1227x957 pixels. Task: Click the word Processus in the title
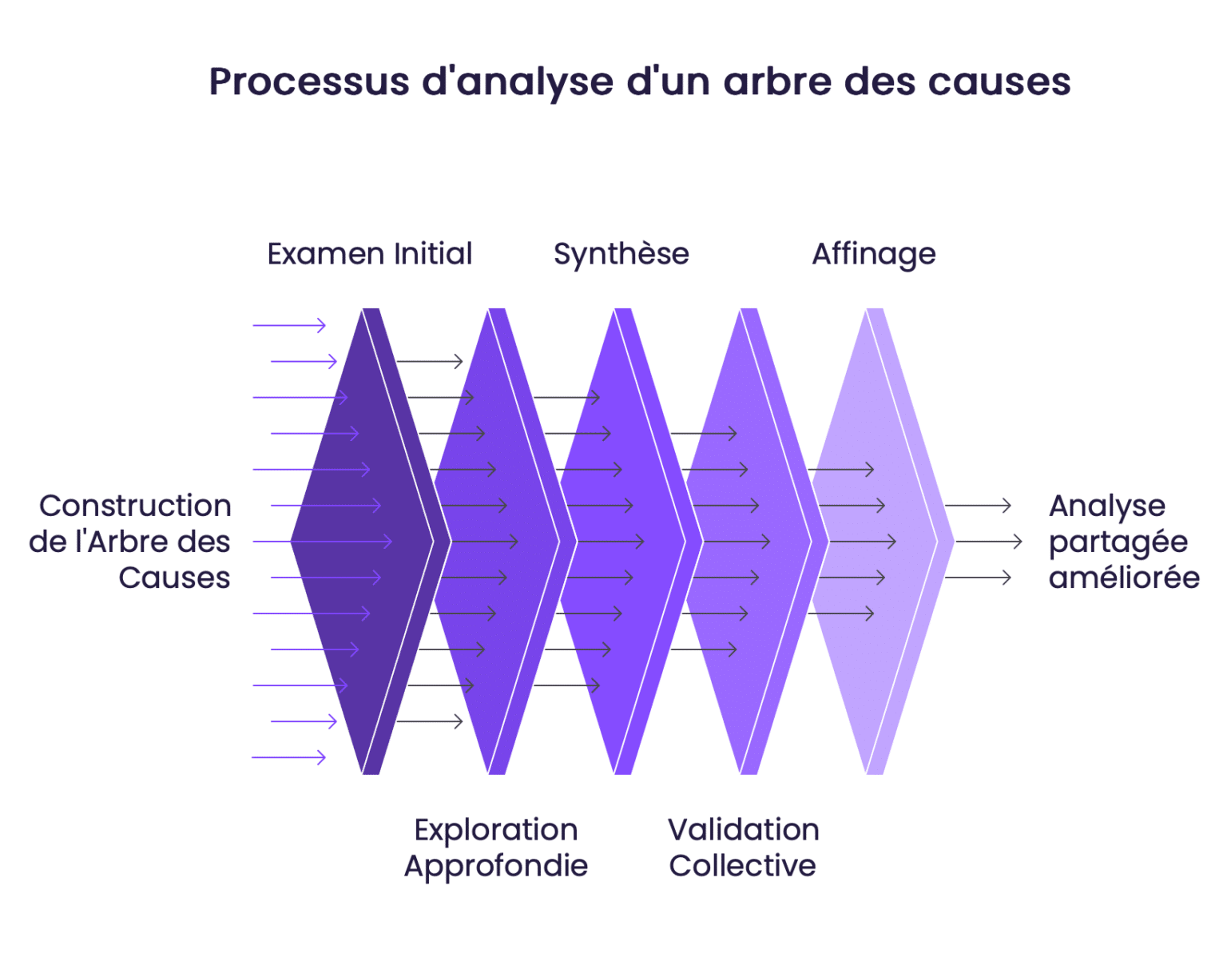[309, 82]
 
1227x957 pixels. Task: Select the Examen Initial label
[369, 254]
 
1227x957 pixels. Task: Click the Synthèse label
[621, 254]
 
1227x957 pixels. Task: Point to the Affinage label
[873, 255]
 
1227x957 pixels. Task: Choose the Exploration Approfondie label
[495, 848]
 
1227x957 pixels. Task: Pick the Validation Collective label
[743, 848]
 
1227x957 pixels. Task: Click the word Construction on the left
[135, 506]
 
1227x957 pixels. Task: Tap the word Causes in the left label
[174, 578]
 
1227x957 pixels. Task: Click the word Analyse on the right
[1106, 506]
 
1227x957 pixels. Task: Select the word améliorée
[1123, 578]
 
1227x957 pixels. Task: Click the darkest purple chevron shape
[359, 542]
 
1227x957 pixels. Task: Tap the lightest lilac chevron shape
[875, 542]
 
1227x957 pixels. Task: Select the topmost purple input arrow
[289, 325]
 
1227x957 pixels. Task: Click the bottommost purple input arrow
[289, 757]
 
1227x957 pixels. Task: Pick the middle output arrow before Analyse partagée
[989, 542]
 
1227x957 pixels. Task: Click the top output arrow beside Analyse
[978, 506]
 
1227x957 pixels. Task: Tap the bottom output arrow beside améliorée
[978, 578]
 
